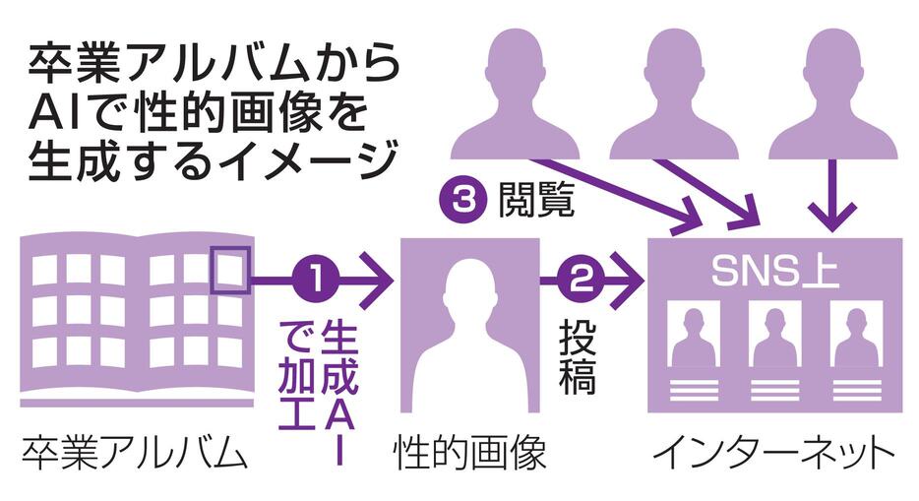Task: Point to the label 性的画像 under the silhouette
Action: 469,456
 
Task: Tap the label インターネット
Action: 774,456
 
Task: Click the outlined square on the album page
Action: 232,270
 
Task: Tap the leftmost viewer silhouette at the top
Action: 515,94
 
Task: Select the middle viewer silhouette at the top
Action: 673,94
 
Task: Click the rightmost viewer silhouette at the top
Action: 832,94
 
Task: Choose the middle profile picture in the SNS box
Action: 774,335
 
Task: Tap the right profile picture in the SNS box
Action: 855,335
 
